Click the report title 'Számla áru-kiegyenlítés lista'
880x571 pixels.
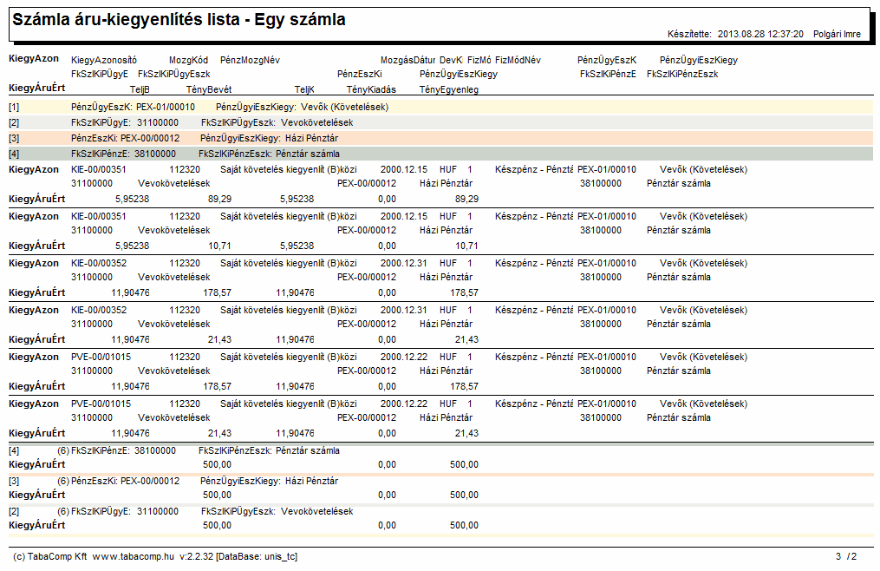(x=127, y=20)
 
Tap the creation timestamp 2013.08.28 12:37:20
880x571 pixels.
(x=760, y=35)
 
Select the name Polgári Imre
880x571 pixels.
(x=837, y=35)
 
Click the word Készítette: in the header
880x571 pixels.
(x=690, y=35)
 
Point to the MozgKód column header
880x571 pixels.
(x=189, y=60)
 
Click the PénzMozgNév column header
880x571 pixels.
(x=250, y=60)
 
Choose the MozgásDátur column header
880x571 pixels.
(x=408, y=60)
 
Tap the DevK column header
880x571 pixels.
(x=451, y=60)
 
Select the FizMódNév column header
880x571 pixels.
(x=518, y=60)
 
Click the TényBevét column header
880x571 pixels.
(x=209, y=89)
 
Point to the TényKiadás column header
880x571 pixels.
(x=371, y=89)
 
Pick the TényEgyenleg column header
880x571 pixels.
(x=449, y=89)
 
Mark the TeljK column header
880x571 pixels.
(x=304, y=89)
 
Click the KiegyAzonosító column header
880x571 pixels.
(x=104, y=60)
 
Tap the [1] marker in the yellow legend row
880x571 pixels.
(x=14, y=107)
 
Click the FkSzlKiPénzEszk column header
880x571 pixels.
(x=682, y=74)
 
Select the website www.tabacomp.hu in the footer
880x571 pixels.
(x=133, y=556)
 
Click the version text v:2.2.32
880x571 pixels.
(x=197, y=556)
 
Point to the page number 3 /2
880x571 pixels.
(x=846, y=556)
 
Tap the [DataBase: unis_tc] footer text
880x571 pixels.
(x=257, y=556)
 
